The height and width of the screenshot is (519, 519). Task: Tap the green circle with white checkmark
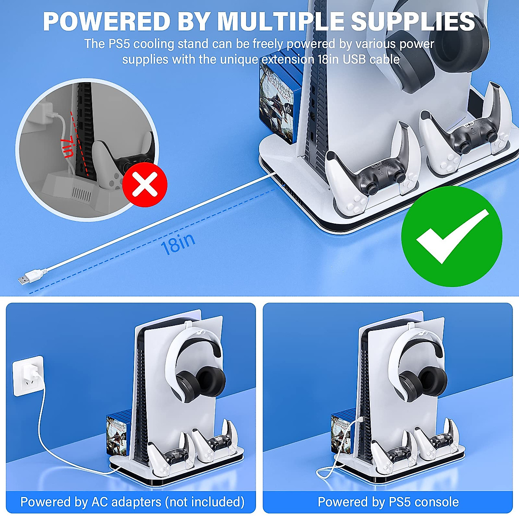coord(452,237)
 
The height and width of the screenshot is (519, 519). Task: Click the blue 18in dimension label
coord(178,244)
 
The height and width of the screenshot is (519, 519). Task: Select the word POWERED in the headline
coord(101,22)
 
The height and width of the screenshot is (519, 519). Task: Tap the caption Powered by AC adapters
coord(132,502)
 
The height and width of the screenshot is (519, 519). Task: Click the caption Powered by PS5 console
coord(388,502)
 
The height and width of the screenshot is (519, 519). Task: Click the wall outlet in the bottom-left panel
coord(28,375)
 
